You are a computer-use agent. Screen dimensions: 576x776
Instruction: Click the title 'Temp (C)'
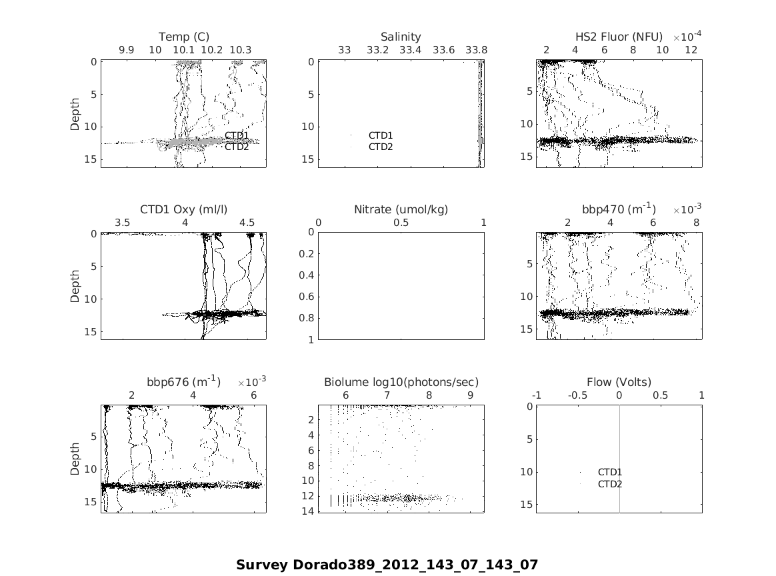183,37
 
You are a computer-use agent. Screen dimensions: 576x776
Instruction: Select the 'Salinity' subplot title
401,37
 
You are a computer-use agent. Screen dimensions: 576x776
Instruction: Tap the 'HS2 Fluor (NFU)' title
619,37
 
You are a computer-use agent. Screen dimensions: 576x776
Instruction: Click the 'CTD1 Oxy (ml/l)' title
183,209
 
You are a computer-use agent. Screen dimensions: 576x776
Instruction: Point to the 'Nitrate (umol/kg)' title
401,209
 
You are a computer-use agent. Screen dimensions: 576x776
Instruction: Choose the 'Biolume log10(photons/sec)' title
401,382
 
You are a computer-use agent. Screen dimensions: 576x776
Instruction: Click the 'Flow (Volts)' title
619,382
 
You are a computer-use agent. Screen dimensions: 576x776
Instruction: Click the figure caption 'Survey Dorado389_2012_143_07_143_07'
387,565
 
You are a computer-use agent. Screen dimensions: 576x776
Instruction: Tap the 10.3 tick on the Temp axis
240,50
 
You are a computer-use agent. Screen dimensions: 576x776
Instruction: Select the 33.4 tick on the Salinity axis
410,50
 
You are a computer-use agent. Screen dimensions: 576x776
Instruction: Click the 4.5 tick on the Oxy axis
247,223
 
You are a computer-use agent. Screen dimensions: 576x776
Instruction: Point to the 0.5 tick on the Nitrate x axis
401,223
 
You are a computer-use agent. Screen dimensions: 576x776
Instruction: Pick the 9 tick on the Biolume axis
471,395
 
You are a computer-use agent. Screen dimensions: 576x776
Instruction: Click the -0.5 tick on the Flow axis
578,395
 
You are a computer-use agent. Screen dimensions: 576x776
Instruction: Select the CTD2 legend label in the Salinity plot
381,147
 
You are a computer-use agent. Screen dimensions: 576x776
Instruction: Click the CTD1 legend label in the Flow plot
609,472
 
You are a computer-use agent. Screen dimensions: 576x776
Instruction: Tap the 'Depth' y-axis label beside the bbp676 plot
75,459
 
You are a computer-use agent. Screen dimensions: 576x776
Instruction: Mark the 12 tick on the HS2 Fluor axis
691,50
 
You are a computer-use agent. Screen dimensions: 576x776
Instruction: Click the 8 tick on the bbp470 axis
696,223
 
